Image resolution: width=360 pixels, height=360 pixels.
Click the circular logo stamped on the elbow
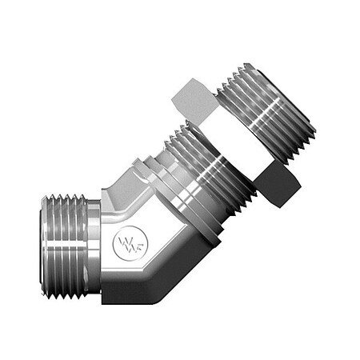130,243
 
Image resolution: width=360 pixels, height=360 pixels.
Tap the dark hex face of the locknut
278,184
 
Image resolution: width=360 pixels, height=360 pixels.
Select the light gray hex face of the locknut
194,102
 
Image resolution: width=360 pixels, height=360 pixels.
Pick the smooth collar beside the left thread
94,246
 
